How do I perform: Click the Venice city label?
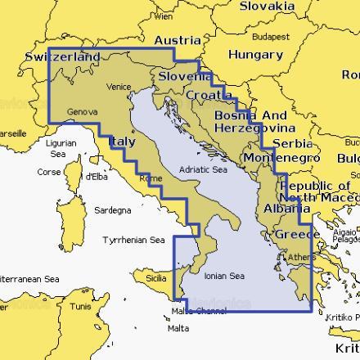tap(119, 87)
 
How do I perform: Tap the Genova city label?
tap(82, 110)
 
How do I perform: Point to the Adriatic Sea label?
tap(202, 170)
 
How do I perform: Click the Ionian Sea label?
tap(224, 276)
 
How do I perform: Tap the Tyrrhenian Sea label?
tap(133, 241)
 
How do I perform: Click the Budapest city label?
tap(271, 37)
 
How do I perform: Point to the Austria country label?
tap(178, 40)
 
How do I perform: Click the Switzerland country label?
tap(63, 57)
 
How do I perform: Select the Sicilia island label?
tap(155, 278)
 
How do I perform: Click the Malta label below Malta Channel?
tap(178, 328)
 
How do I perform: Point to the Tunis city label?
tap(80, 307)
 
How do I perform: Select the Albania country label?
tap(282, 209)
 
